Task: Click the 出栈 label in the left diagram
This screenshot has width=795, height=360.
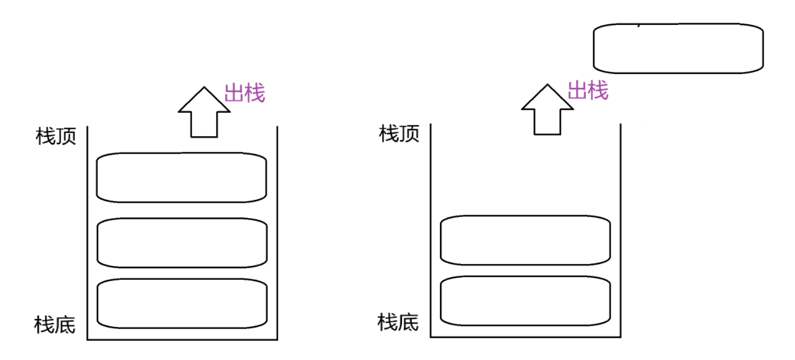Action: pyautogui.click(x=245, y=93)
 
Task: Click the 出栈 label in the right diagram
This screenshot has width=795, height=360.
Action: pyautogui.click(x=588, y=90)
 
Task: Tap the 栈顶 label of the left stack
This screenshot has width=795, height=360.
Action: pyautogui.click(x=56, y=136)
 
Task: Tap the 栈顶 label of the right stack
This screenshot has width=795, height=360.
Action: pyautogui.click(x=399, y=133)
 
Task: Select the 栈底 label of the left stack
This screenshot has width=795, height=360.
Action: pyautogui.click(x=55, y=325)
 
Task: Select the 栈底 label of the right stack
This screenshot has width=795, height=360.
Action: pyautogui.click(x=398, y=321)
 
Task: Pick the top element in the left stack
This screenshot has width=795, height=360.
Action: pyautogui.click(x=182, y=177)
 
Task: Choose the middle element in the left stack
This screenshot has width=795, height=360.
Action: pyautogui.click(x=182, y=243)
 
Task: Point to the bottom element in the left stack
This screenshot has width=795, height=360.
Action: pyautogui.click(x=182, y=304)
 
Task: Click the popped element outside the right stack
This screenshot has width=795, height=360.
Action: pyautogui.click(x=679, y=48)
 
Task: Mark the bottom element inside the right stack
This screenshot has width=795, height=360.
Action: pyautogui.click(x=525, y=301)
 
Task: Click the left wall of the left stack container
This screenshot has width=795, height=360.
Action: pyautogui.click(x=88, y=232)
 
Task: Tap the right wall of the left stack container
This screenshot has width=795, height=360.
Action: pyautogui.click(x=277, y=232)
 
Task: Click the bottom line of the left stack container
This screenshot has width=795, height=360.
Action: pyautogui.click(x=182, y=340)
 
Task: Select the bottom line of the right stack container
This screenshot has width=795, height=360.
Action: pyautogui.click(x=526, y=336)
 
